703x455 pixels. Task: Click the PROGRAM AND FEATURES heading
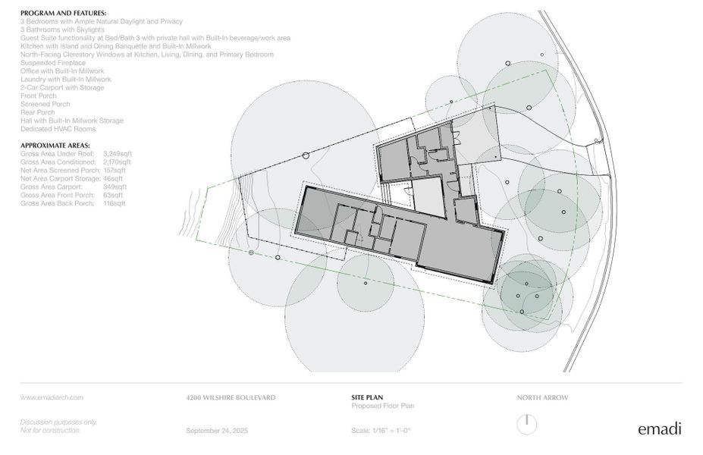pos(63,14)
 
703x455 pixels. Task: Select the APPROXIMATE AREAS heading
pos(55,145)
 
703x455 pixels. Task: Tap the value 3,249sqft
pos(117,153)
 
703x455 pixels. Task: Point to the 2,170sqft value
pos(117,162)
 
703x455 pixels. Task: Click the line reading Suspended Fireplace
pos(53,63)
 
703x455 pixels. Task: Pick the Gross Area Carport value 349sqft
pos(115,187)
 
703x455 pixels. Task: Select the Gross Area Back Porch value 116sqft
pos(115,203)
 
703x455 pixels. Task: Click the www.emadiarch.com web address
pos(52,397)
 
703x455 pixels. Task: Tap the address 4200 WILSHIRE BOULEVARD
pos(231,397)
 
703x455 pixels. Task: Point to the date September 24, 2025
pos(217,431)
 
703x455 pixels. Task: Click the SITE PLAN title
pos(359,397)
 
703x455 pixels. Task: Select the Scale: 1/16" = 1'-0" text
pos(381,431)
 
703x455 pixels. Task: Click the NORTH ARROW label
pos(542,397)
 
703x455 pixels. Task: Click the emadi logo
pos(659,429)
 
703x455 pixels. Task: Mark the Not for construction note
pos(50,430)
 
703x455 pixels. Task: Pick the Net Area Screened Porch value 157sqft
pos(117,170)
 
